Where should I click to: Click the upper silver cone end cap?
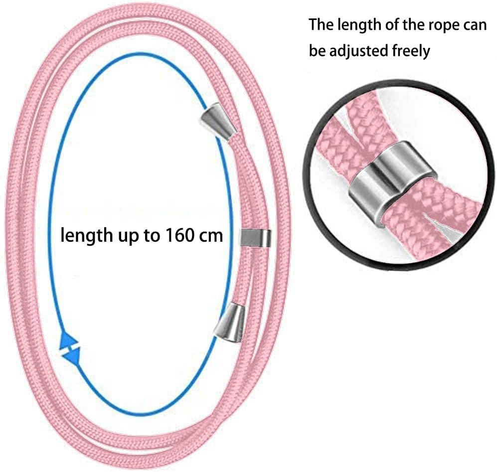[x=215, y=121]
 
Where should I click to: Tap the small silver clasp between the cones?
[x=256, y=238]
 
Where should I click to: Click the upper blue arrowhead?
[x=68, y=342]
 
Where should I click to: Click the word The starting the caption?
[x=322, y=24]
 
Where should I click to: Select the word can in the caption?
[x=473, y=25]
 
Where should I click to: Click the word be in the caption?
[x=317, y=50]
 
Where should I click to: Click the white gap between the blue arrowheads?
[x=71, y=349]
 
